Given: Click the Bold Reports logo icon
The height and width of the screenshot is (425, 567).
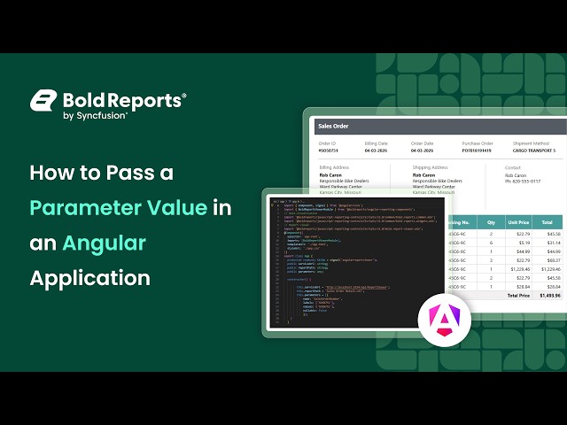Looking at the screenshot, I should (x=43, y=101).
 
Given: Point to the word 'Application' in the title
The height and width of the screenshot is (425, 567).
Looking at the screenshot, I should (x=89, y=277).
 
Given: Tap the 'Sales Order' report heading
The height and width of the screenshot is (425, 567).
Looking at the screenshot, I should (x=333, y=127).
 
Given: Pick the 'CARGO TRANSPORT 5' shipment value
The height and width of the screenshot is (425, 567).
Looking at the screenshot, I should (x=532, y=151).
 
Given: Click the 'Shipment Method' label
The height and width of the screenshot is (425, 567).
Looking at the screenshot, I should (x=531, y=143).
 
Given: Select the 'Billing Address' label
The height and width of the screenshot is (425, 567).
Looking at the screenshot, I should (x=336, y=166).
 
